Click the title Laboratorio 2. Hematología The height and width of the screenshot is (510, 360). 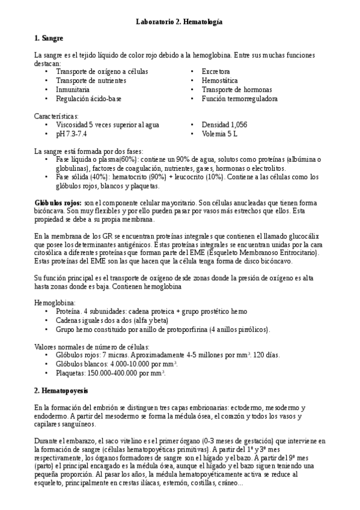coord(180,22)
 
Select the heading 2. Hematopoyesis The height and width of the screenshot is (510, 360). coord(61,390)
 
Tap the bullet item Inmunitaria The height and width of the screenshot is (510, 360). coord(73,90)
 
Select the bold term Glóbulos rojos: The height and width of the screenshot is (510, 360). coord(57,204)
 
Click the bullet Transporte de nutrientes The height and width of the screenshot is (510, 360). coord(91,81)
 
